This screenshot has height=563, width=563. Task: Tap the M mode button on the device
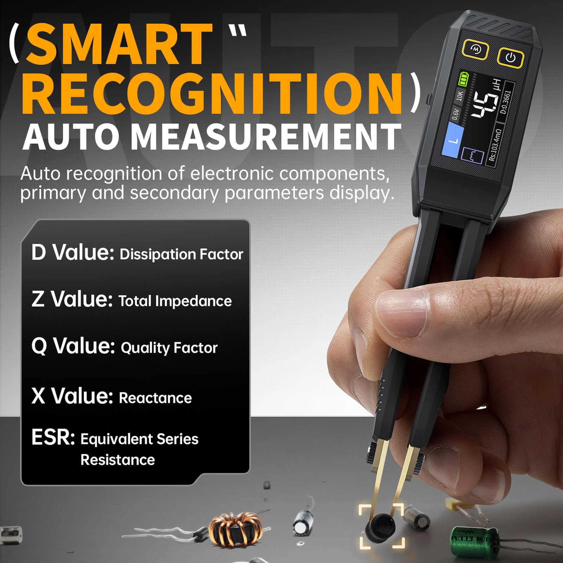[x=475, y=49]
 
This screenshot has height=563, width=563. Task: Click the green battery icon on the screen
[x=463, y=79]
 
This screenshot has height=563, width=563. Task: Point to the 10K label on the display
[x=460, y=95]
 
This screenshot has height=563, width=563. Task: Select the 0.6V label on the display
[x=455, y=114]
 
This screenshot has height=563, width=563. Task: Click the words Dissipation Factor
[x=181, y=254]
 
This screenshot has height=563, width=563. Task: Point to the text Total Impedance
[x=175, y=301]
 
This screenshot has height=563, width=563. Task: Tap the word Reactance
[x=155, y=398]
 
